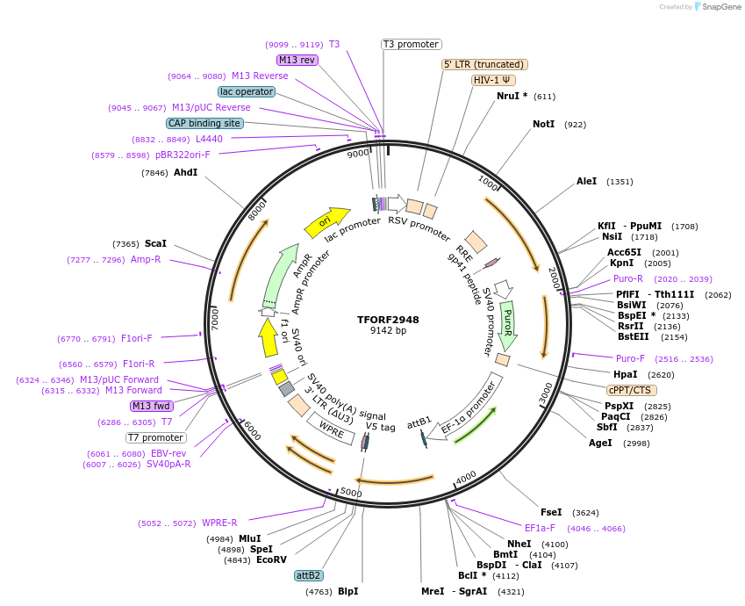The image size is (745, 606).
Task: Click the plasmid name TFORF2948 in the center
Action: click(388, 320)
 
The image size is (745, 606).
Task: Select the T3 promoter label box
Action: click(412, 44)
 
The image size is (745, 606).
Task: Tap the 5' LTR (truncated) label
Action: click(484, 64)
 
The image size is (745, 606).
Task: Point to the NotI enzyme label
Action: click(544, 125)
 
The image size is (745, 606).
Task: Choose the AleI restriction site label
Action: click(586, 182)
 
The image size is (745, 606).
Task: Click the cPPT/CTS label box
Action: click(631, 390)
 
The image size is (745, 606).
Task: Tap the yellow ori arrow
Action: click(326, 222)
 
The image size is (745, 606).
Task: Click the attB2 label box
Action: click(308, 576)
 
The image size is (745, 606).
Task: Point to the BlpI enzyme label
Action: click(347, 592)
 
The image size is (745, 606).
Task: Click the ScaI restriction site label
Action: click(155, 243)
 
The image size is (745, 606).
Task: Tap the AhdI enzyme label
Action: click(185, 173)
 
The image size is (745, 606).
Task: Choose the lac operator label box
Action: click(247, 91)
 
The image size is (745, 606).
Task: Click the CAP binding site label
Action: click(204, 124)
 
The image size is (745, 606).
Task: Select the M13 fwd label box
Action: click(151, 406)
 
